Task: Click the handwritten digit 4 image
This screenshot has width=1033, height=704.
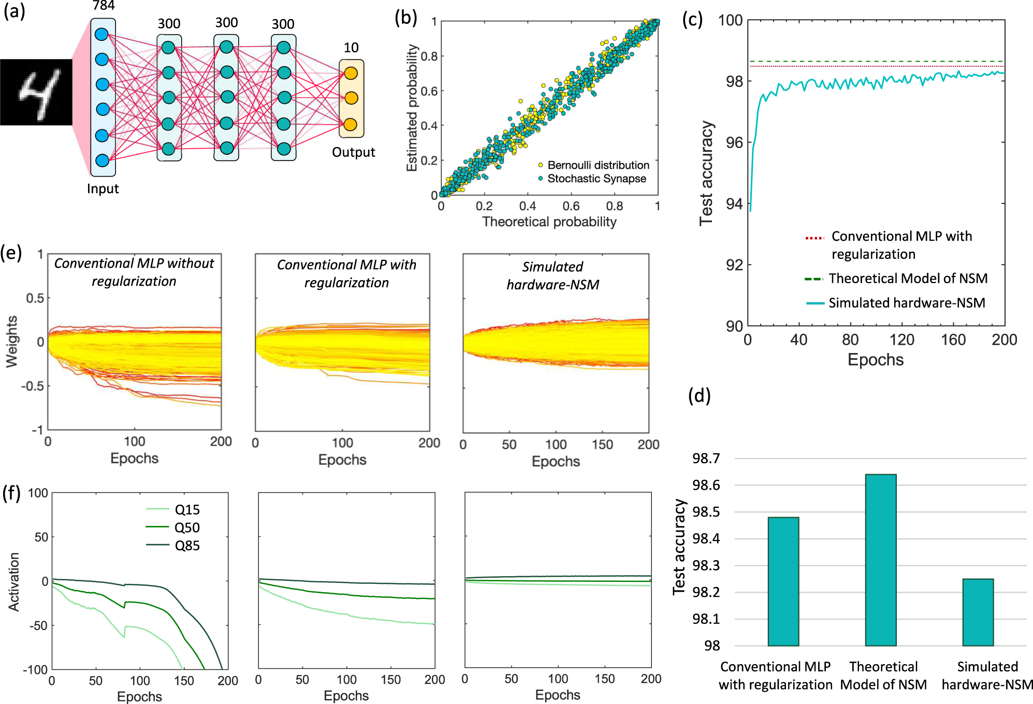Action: point(36,92)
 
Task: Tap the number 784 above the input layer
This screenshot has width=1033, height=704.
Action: point(104,6)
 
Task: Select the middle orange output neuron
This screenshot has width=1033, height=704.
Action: point(351,98)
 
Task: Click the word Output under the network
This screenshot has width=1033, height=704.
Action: point(353,152)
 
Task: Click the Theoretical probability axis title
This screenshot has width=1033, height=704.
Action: point(549,222)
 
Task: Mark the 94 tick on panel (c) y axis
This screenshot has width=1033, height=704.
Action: point(734,204)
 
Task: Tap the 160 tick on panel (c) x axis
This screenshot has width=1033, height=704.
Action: point(953,340)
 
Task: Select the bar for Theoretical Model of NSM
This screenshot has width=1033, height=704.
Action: point(880,560)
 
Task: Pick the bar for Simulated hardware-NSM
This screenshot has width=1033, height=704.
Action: point(978,612)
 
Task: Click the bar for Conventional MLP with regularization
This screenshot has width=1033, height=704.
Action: point(783,581)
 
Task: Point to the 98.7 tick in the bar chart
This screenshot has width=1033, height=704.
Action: point(706,459)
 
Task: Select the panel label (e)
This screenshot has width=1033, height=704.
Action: point(11,253)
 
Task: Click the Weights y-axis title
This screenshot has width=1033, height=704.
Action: point(11,342)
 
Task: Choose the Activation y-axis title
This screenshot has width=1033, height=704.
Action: point(14,582)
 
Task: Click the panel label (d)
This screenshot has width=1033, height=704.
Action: point(699,395)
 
